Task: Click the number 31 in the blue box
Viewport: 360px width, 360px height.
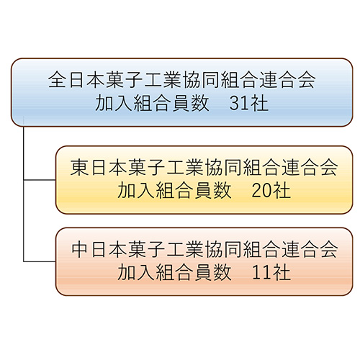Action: click(239, 104)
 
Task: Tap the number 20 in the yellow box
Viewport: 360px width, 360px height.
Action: click(261, 191)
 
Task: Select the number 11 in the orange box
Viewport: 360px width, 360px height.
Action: click(261, 273)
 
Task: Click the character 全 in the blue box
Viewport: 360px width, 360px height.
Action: click(57, 80)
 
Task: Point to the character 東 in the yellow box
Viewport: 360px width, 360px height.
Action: click(79, 167)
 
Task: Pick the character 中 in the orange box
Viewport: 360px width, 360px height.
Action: click(79, 249)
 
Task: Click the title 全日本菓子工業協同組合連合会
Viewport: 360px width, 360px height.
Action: click(181, 80)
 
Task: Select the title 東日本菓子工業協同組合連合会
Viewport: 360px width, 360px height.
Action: click(204, 167)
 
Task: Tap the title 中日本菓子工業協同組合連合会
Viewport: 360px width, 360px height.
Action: click(204, 249)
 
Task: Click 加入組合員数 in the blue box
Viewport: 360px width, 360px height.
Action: click(152, 104)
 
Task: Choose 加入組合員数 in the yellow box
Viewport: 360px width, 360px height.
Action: click(174, 191)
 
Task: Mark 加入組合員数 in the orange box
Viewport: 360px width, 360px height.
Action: click(174, 273)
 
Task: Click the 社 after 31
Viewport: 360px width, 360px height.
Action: click(259, 104)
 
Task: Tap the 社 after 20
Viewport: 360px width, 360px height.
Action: click(282, 191)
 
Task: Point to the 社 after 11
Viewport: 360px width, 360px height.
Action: click(282, 273)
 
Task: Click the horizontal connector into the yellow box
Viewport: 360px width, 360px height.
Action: click(40, 179)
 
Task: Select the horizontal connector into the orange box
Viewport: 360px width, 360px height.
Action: click(40, 261)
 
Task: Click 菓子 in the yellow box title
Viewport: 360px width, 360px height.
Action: click(146, 167)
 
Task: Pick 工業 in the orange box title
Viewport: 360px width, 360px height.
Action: click(185, 249)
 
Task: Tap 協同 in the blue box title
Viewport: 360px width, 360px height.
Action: click(201, 80)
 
